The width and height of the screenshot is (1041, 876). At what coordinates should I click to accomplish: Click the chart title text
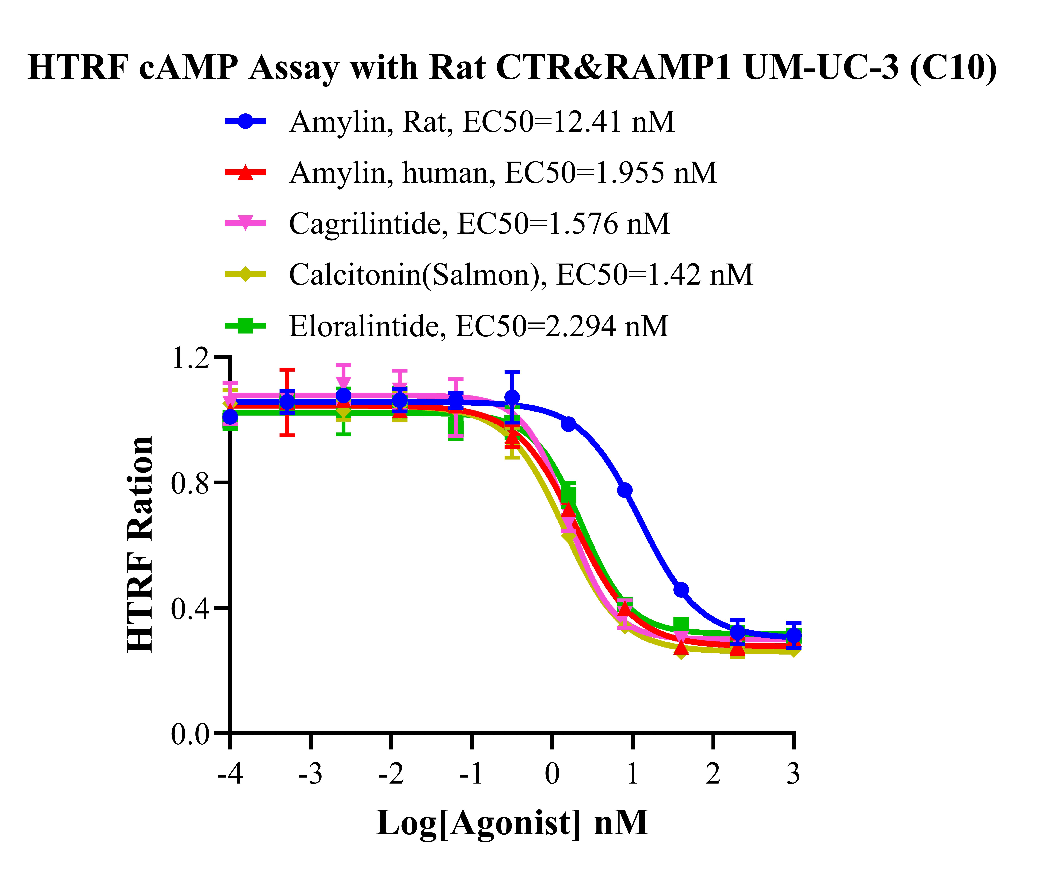point(512,68)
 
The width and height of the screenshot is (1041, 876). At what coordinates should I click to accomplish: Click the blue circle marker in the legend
point(246,121)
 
